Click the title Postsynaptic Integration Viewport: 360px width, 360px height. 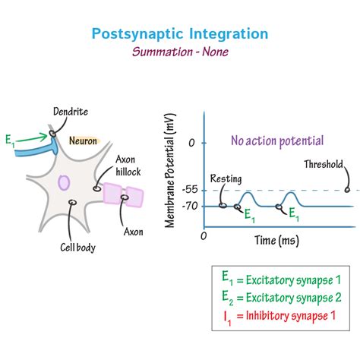(180, 33)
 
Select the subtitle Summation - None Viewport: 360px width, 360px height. (180, 52)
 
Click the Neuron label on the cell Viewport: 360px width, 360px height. (83, 141)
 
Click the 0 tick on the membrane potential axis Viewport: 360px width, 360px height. (192, 142)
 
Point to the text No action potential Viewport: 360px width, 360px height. (276, 141)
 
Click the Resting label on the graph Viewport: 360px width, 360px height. (226, 179)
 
